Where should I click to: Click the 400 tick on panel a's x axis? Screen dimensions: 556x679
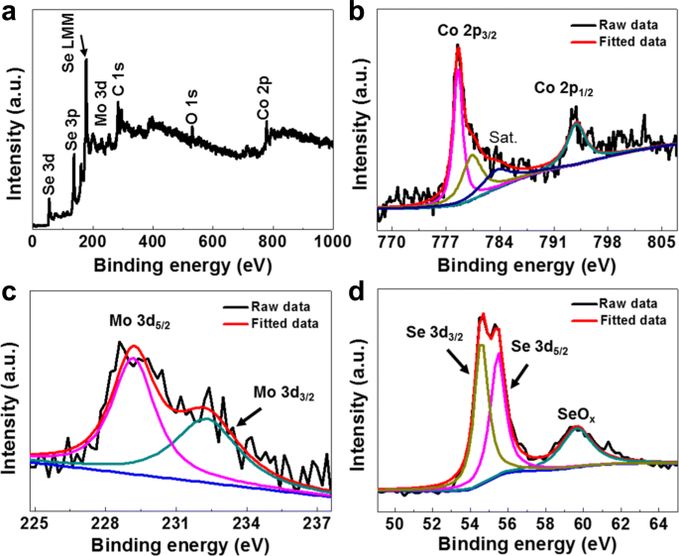(x=153, y=241)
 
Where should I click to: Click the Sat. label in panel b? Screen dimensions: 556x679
(x=504, y=138)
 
